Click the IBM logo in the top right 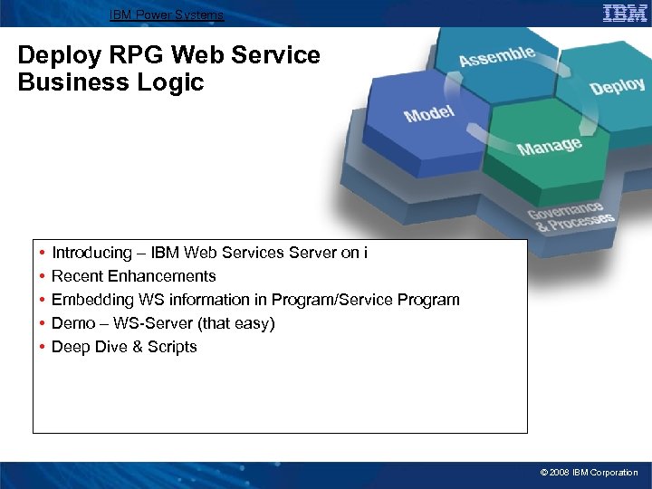[x=625, y=13]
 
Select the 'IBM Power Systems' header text [x=166, y=14]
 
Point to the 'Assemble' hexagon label [x=496, y=56]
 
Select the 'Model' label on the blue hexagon [x=429, y=114]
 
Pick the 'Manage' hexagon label [x=549, y=145]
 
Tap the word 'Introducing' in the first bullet [x=91, y=253]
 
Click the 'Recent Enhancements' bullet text [x=133, y=276]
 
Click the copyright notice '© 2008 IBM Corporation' [x=589, y=473]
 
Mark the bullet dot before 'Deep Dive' [x=43, y=347]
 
